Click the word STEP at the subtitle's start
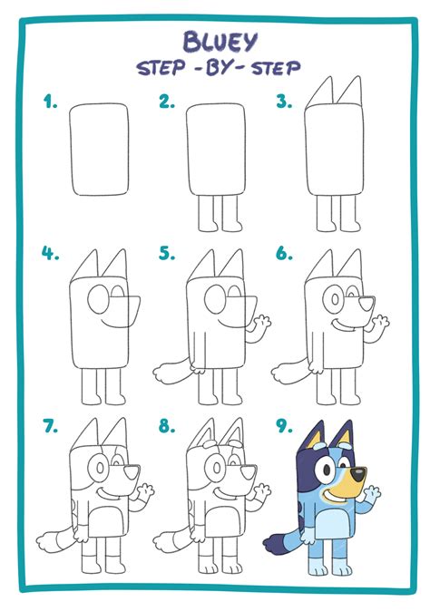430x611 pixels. (162, 69)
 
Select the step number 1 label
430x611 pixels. (49, 102)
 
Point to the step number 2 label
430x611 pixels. (166, 102)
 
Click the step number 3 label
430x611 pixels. (284, 102)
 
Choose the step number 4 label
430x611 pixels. (49, 254)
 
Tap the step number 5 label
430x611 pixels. (166, 254)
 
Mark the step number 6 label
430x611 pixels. (284, 254)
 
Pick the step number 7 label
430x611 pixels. (49, 424)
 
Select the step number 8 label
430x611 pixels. (166, 424)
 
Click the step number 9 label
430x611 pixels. (284, 424)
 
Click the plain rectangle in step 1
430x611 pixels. (100, 150)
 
